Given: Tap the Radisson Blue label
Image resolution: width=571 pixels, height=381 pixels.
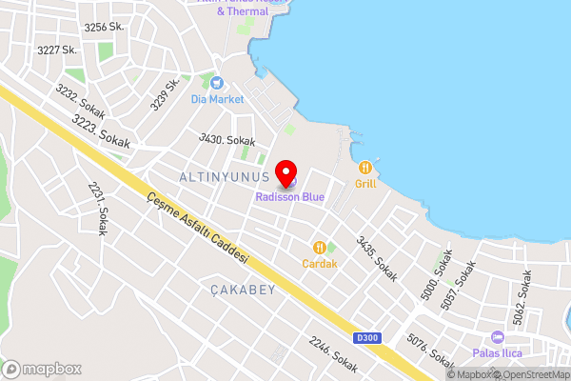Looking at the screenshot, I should (x=289, y=197).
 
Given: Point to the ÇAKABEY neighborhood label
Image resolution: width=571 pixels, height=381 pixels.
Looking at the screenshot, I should (x=243, y=289).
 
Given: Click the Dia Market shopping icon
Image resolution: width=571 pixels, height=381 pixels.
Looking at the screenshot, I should (x=217, y=83).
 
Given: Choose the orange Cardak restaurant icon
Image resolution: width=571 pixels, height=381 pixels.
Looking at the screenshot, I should (x=320, y=247).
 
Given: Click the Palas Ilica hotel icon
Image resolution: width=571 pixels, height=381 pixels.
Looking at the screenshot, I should (x=497, y=337).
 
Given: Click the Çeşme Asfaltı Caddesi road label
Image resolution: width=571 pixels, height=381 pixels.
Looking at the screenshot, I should (x=197, y=228).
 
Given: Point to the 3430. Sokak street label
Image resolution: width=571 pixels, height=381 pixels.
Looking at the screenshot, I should (x=226, y=139).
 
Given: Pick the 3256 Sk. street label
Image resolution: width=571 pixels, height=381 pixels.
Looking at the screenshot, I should (x=104, y=28).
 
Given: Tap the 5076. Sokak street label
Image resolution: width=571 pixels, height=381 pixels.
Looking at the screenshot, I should (x=431, y=351).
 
